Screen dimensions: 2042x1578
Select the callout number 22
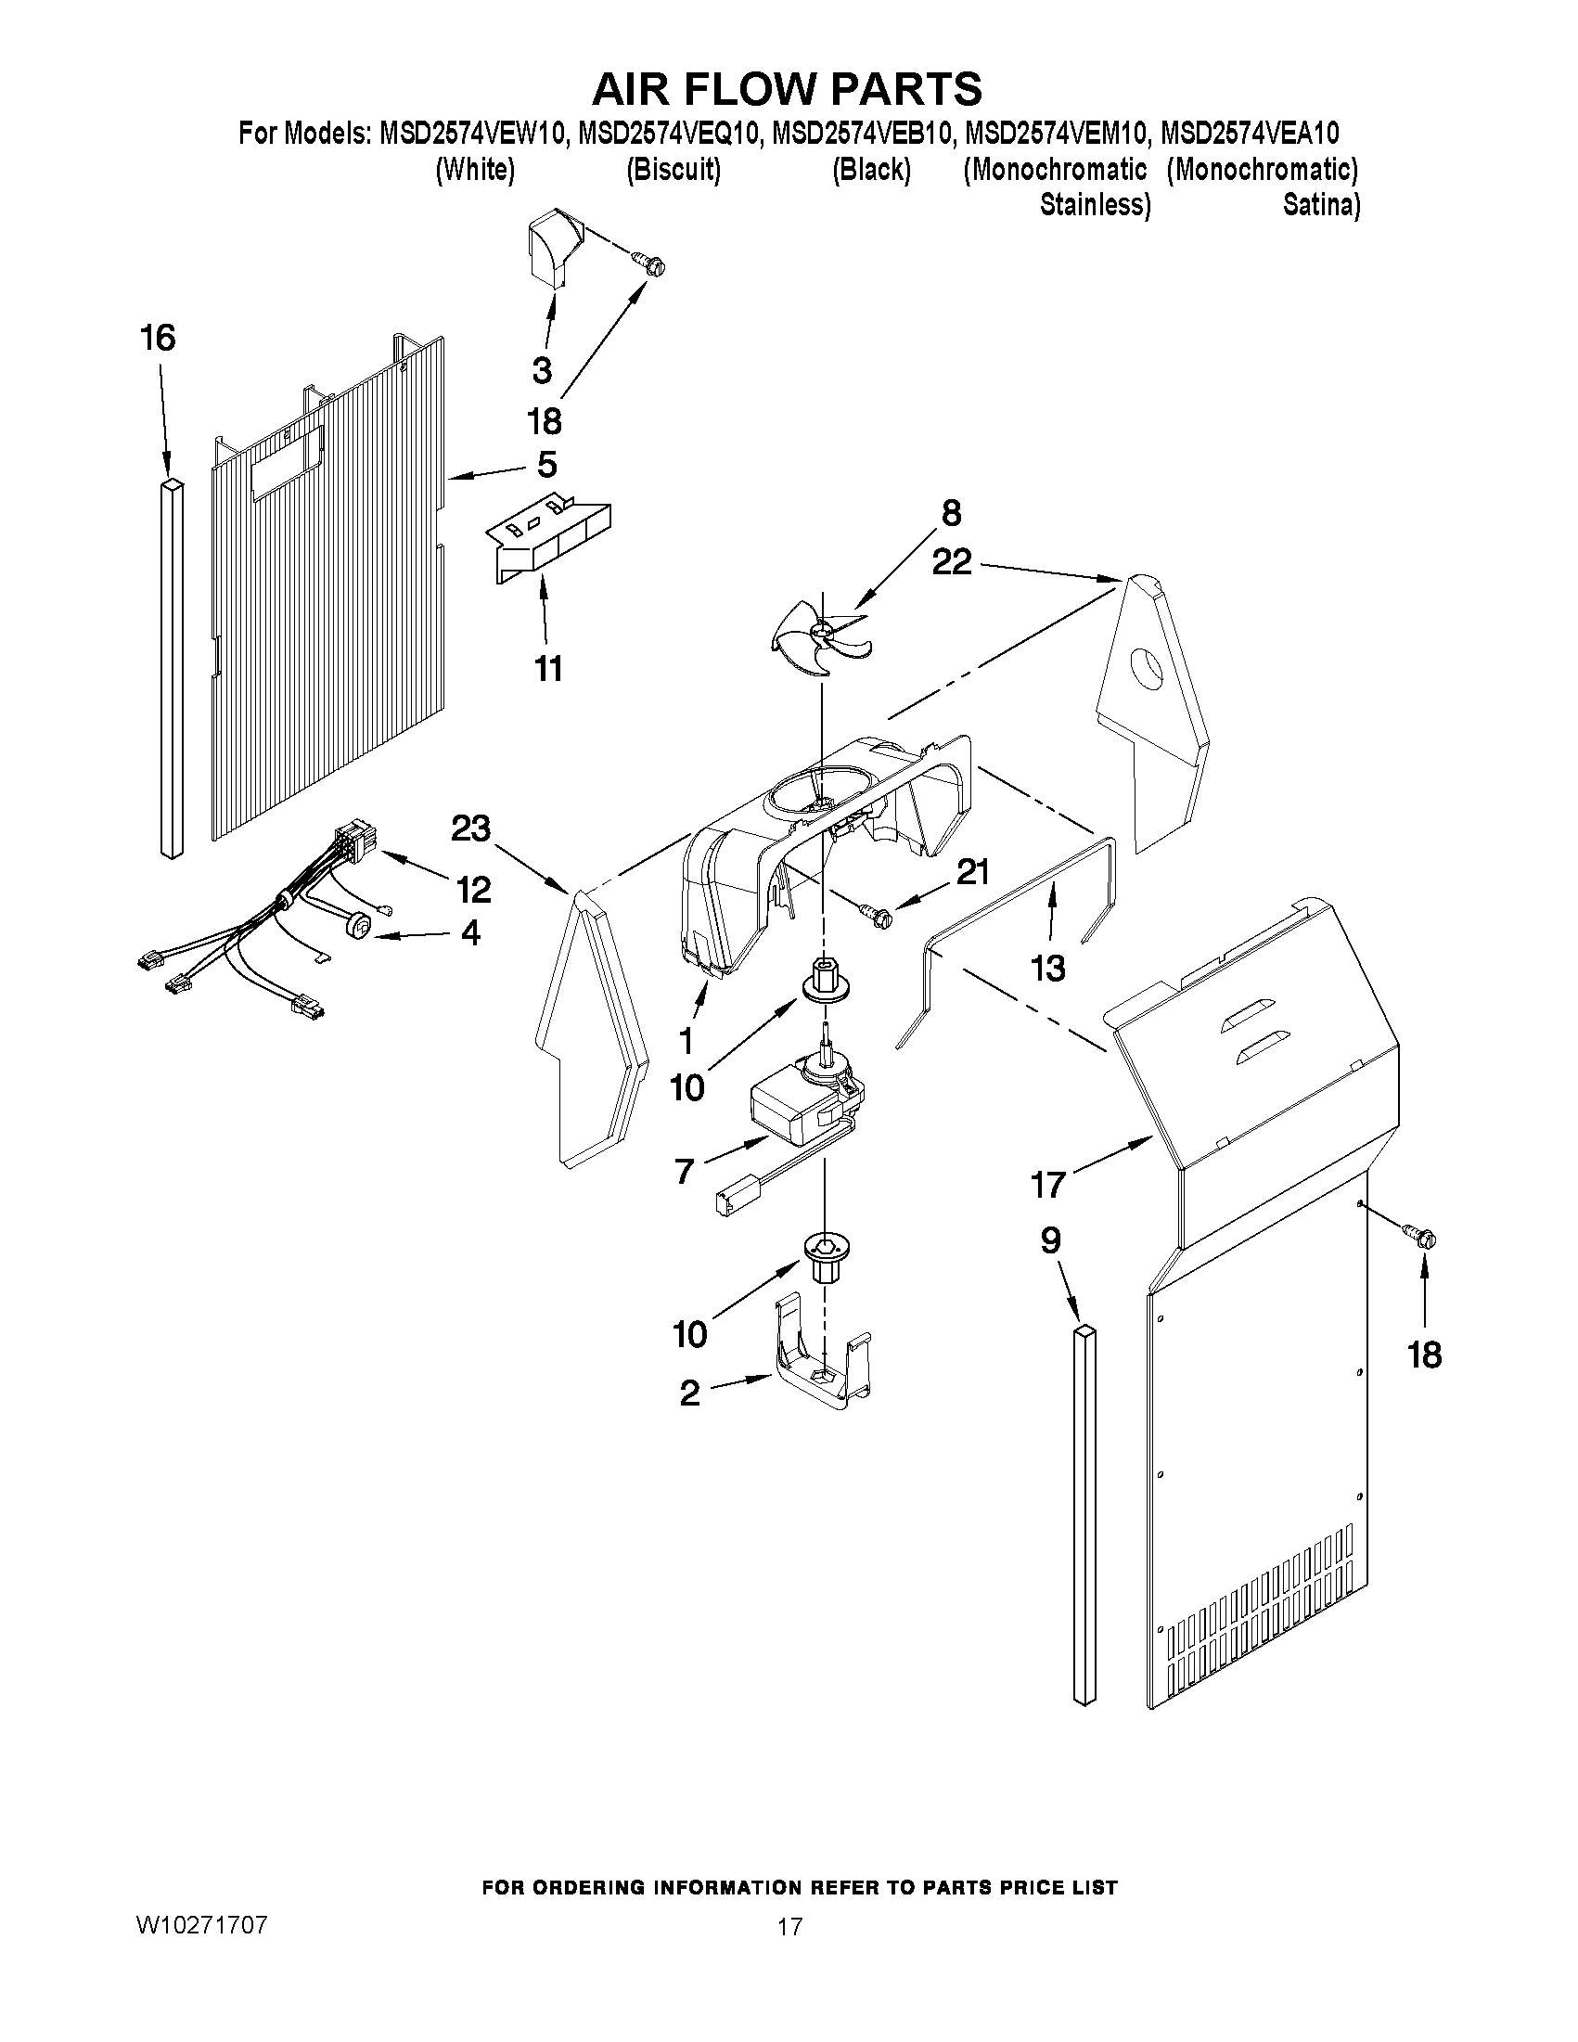tap(952, 562)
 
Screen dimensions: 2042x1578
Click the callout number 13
tap(1048, 969)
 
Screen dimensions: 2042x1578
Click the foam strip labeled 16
tap(172, 669)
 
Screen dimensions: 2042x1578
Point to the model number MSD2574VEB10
tap(859, 135)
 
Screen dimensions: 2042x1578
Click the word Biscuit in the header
tap(674, 170)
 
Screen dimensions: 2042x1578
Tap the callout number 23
tap(470, 828)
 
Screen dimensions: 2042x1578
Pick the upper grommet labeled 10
tap(823, 989)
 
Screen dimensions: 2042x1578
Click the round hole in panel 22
tap(1148, 669)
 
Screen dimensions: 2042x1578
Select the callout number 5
tap(547, 464)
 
